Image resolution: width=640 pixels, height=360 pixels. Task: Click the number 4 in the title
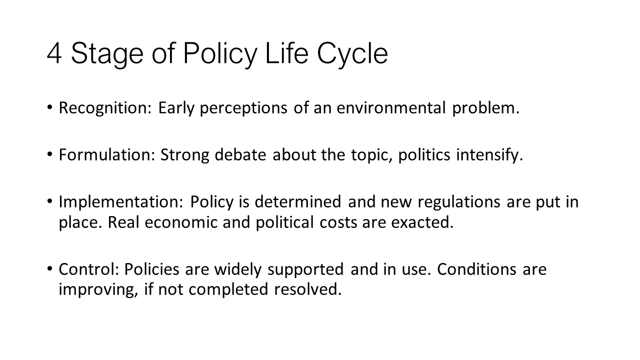pyautogui.click(x=54, y=53)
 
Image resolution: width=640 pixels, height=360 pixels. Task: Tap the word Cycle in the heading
pyautogui.click(x=352, y=55)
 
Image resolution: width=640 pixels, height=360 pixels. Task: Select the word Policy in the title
pyautogui.click(x=220, y=55)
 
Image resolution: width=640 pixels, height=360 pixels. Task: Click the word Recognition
pyautogui.click(x=105, y=108)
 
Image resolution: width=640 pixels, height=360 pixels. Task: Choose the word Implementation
pyautogui.click(x=121, y=202)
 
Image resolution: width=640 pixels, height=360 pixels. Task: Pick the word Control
pyautogui.click(x=89, y=269)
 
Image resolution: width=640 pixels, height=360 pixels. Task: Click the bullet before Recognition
pyautogui.click(x=49, y=107)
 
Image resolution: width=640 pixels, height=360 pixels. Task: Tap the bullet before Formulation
pyautogui.click(x=49, y=154)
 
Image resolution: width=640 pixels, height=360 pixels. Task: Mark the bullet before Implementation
pyautogui.click(x=49, y=201)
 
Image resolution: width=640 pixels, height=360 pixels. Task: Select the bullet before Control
pyautogui.click(x=49, y=269)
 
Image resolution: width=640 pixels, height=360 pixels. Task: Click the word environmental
pyautogui.click(x=391, y=108)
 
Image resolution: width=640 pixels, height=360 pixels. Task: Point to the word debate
pyautogui.click(x=240, y=154)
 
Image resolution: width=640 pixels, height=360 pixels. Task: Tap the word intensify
pyautogui.click(x=489, y=155)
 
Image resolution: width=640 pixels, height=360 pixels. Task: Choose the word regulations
pyautogui.click(x=459, y=202)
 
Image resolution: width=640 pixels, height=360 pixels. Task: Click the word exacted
pyautogui.click(x=422, y=222)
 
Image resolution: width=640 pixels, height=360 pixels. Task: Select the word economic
pyautogui.click(x=181, y=222)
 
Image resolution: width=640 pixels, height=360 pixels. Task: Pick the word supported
pyautogui.click(x=305, y=270)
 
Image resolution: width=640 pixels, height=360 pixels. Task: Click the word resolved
pyautogui.click(x=308, y=289)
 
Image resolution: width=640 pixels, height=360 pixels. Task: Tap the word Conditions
pyautogui.click(x=476, y=269)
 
